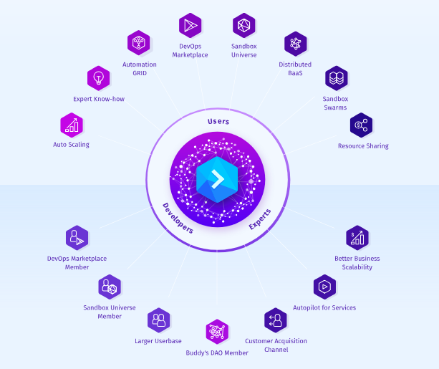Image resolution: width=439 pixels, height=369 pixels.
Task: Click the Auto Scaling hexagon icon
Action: tap(72, 125)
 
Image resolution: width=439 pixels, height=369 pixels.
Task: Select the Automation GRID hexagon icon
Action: tap(138, 43)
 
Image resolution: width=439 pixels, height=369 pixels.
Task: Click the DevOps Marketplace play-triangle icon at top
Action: tap(190, 26)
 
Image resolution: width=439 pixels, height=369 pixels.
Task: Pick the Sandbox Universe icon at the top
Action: tap(244, 26)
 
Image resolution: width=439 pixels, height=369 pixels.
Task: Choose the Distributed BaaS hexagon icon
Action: tap(295, 44)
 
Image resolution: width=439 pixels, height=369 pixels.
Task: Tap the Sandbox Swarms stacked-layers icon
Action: tap(336, 78)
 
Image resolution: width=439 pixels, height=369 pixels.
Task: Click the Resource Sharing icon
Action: tap(362, 125)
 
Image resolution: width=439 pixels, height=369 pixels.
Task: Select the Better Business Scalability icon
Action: tap(357, 237)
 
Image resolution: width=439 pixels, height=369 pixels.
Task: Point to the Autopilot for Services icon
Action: tap(324, 287)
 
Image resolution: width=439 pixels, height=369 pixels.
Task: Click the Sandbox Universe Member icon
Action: tap(110, 287)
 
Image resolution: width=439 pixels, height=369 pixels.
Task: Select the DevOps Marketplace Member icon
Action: tap(77, 237)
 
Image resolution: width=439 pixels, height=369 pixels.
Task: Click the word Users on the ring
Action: tap(218, 122)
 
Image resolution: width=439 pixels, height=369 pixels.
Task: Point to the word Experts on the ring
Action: tap(260, 219)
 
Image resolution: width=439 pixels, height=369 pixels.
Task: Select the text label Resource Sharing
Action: tap(363, 146)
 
